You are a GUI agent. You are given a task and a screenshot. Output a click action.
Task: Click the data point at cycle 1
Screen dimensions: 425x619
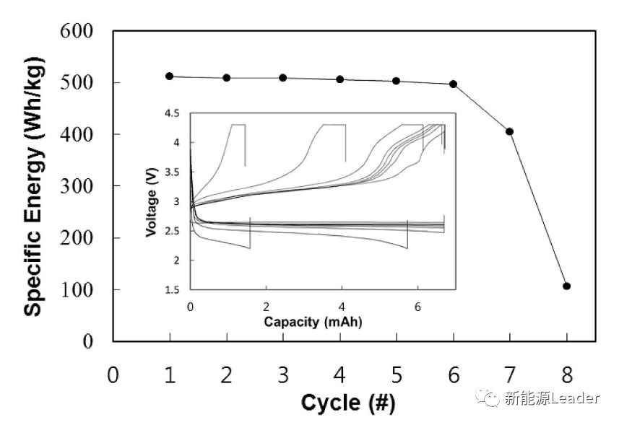point(169,76)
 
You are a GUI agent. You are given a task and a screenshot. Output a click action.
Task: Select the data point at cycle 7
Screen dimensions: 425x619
point(510,131)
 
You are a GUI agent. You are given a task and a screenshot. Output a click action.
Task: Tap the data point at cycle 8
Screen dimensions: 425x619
point(566,286)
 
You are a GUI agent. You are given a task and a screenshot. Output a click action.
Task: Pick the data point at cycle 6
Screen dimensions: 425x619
point(453,84)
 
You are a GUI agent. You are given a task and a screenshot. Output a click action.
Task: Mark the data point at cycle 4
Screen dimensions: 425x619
point(339,79)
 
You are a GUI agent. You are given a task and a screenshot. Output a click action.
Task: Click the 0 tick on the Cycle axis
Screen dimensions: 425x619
point(113,375)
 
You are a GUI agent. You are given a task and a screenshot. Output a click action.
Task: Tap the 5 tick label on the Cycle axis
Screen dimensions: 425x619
point(397,375)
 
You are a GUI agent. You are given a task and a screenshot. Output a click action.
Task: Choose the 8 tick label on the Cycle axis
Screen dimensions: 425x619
point(567,375)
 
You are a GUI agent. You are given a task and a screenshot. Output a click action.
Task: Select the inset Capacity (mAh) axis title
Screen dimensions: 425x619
point(312,321)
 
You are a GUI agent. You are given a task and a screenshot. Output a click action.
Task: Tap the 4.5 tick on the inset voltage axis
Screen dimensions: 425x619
point(173,113)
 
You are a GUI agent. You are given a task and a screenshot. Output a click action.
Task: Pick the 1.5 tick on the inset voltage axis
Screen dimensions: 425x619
point(173,290)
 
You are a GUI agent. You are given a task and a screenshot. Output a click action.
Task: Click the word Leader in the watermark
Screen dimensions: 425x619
point(575,398)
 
